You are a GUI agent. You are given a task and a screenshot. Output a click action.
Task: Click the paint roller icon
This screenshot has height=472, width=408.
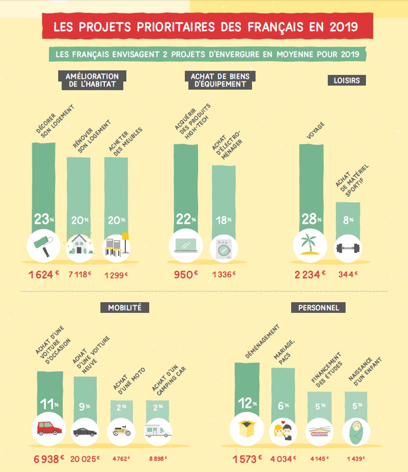click(44, 246)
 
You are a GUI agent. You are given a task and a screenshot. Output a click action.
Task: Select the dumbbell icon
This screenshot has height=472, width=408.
click(348, 248)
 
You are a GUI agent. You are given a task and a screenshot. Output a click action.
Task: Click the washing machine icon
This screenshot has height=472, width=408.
click(224, 249)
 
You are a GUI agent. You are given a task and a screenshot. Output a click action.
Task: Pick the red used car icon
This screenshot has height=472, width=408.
click(49, 429)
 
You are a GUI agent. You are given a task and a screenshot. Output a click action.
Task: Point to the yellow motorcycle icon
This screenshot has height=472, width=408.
click(121, 431)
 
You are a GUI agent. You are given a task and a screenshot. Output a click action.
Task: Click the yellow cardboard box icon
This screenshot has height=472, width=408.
click(247, 429)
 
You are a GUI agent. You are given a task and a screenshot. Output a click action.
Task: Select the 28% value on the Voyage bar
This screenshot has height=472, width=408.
click(311, 219)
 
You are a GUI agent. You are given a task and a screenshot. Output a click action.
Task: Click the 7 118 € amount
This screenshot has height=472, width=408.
click(80, 274)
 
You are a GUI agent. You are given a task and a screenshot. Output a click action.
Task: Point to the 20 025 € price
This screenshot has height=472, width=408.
click(85, 459)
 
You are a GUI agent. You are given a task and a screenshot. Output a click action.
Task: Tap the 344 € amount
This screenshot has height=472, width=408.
click(348, 274)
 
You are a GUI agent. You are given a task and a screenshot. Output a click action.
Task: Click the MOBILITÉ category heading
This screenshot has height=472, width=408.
click(125, 308)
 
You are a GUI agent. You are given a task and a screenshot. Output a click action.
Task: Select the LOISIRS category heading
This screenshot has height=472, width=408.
click(346, 81)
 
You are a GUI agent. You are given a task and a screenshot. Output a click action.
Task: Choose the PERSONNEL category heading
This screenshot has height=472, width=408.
click(318, 308)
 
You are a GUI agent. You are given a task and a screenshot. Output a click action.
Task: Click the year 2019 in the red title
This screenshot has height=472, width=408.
click(344, 27)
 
